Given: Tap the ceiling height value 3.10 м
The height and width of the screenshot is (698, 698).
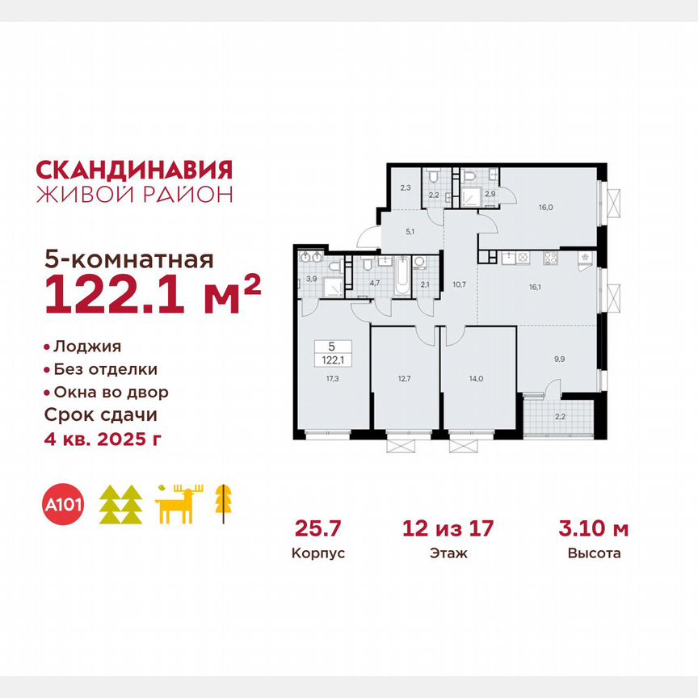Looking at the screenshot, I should [x=594, y=529].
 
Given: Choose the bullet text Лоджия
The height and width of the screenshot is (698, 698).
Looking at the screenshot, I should [x=86, y=347].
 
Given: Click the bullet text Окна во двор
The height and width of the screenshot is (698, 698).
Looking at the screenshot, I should [x=111, y=393].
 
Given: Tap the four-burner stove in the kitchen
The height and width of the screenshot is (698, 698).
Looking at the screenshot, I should [x=552, y=259].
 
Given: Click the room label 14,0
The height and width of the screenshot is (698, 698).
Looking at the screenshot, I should [x=477, y=377].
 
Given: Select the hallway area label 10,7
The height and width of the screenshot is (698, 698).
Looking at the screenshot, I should [x=460, y=284].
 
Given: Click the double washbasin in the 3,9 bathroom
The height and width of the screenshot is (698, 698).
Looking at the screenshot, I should [x=311, y=259].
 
